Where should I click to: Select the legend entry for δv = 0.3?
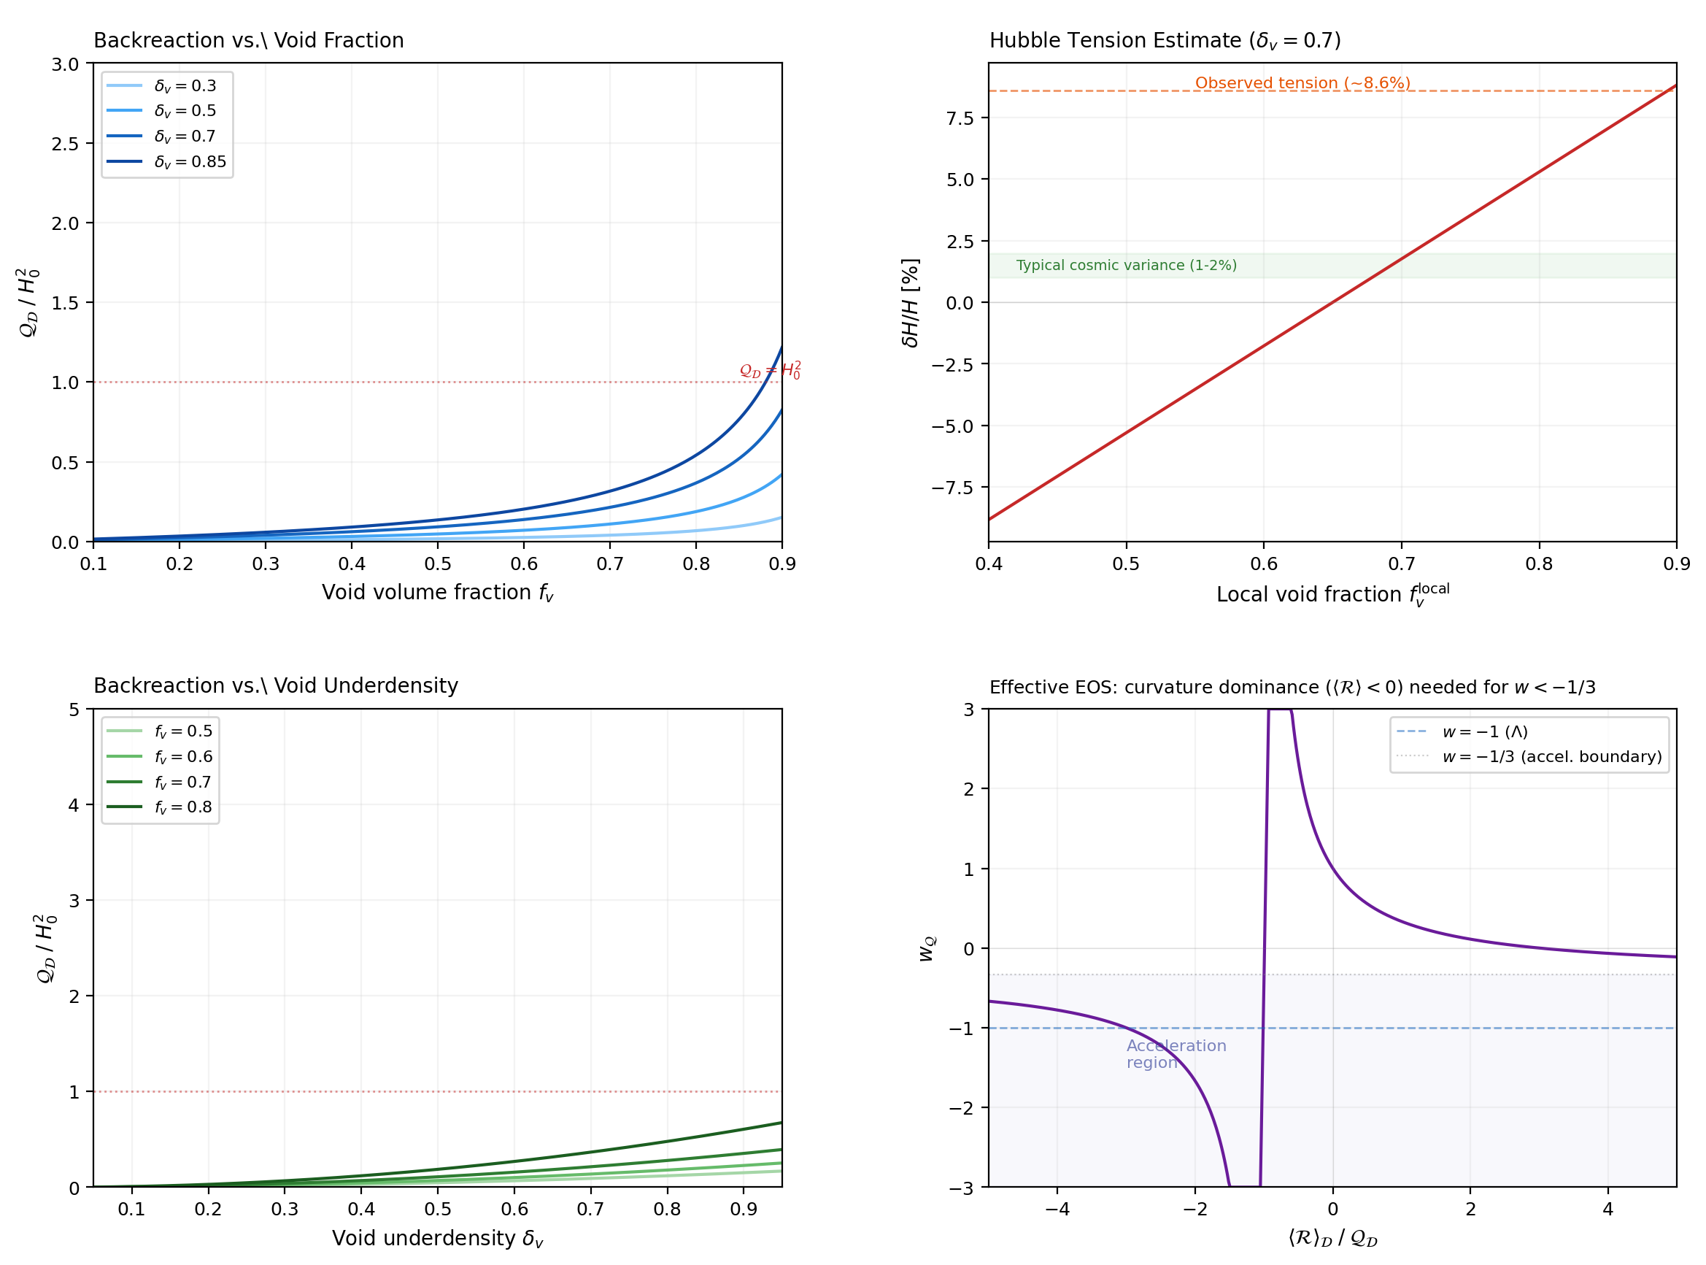[x=185, y=85]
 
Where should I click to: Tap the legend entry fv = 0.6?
[x=183, y=756]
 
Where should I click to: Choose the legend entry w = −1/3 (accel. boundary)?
[x=1551, y=756]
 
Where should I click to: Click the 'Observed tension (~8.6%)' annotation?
[x=1302, y=82]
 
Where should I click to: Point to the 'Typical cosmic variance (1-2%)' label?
[x=1126, y=265]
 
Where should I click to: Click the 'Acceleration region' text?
[x=1176, y=1053]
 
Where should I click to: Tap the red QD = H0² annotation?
[x=770, y=371]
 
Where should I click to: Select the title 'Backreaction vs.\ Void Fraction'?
[x=249, y=41]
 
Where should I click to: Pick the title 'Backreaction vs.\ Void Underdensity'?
[x=276, y=685]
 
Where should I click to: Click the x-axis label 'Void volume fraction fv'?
[x=437, y=593]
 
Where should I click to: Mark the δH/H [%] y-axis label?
[x=910, y=302]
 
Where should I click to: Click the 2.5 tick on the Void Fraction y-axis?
[x=65, y=144]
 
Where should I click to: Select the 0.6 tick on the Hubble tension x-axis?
[x=1264, y=564]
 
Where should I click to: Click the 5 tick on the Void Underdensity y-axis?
[x=74, y=710]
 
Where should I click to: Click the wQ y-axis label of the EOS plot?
[x=927, y=948]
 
